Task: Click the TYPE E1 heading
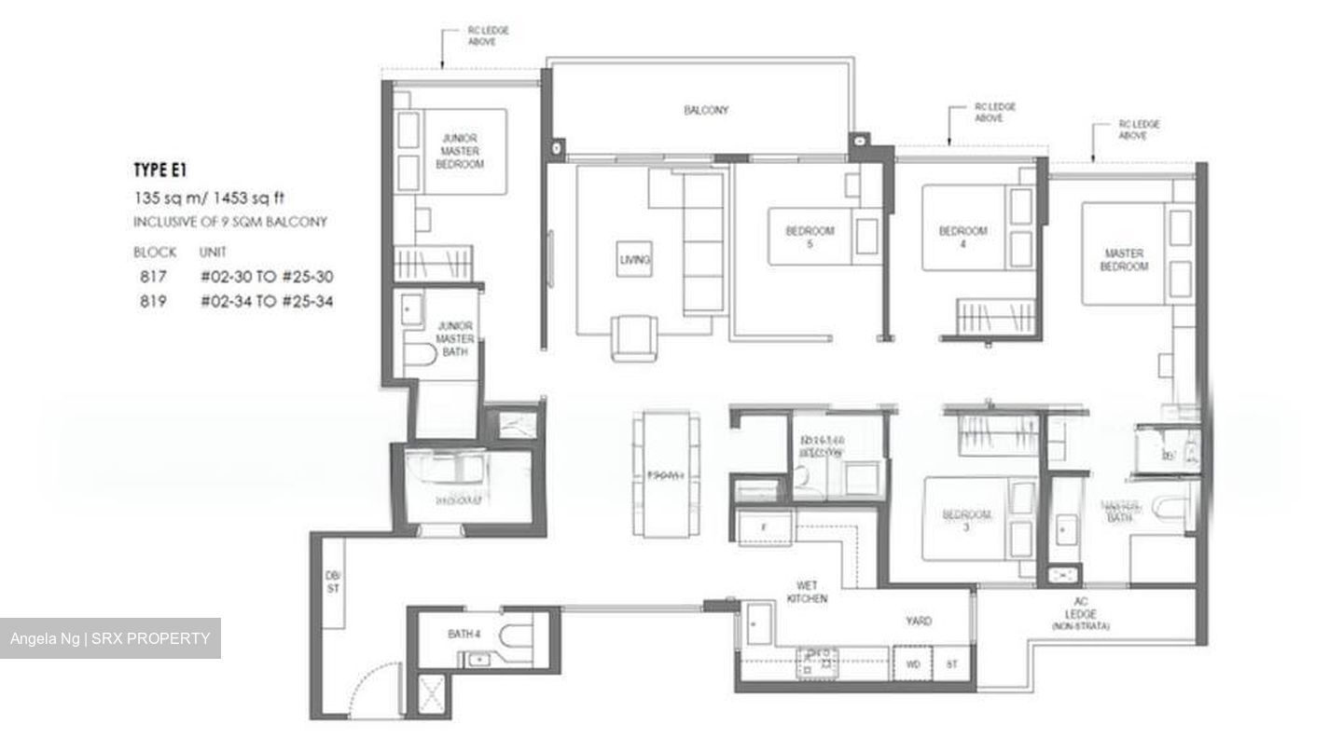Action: (160, 170)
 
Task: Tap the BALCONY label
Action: (706, 110)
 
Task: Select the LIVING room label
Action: (635, 259)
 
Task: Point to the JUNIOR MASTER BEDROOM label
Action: (460, 151)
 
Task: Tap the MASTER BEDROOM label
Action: (1124, 260)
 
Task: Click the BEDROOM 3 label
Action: (966, 521)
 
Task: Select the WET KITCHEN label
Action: (807, 592)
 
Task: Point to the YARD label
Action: (919, 621)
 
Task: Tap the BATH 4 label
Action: (464, 634)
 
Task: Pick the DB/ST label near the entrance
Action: (333, 581)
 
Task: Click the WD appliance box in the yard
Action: (912, 665)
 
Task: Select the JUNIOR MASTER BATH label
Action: (455, 338)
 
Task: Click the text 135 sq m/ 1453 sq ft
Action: (208, 198)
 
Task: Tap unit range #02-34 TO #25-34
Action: (266, 301)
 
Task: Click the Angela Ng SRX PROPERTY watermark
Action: (110, 638)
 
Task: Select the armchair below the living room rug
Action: (633, 336)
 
